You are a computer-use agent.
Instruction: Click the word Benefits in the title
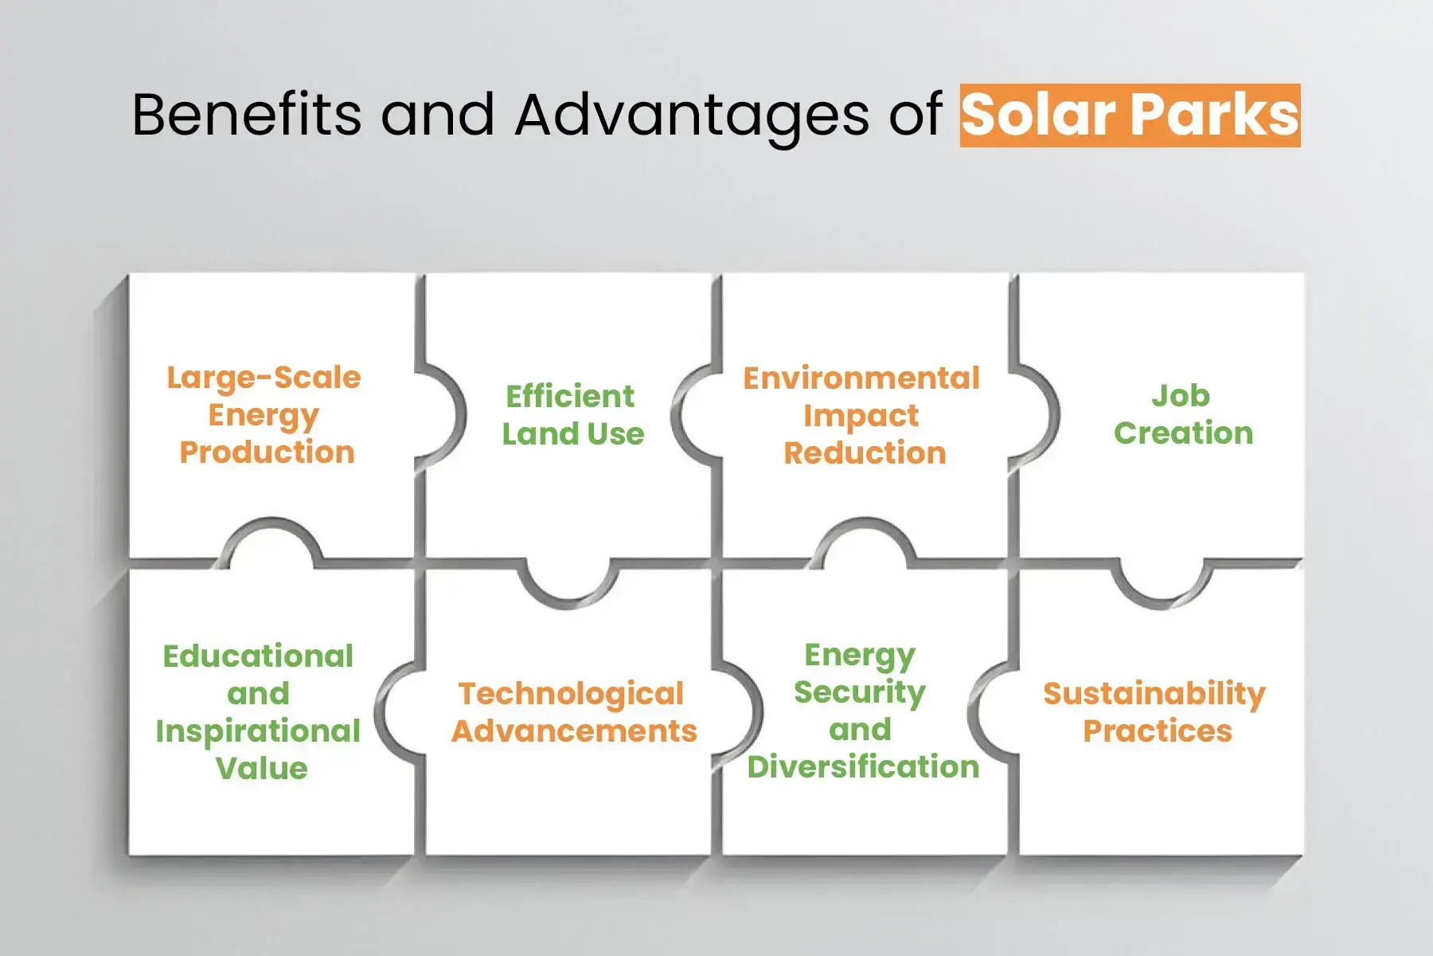pos(247,114)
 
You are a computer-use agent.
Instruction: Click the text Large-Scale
pos(264,378)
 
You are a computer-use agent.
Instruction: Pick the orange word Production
pos(267,453)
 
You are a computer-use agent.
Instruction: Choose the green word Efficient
pos(570,396)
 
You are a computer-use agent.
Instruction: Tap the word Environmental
pos(861,378)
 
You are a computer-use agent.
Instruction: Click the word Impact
pos(861,416)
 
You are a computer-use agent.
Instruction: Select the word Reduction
pos(865,453)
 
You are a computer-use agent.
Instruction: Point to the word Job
pos(1181,396)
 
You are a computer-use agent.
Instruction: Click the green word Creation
pos(1183,433)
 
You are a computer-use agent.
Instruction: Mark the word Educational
pos(258,656)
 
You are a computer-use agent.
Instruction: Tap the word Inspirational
pos(258,731)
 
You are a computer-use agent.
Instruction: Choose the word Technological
pos(571,694)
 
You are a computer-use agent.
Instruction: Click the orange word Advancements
pos(574,731)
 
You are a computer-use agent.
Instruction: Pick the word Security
pos(860,692)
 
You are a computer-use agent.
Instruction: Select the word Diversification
pos(863,767)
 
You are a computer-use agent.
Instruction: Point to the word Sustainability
pos(1154,694)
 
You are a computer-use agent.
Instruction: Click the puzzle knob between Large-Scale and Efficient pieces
pos(443,415)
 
